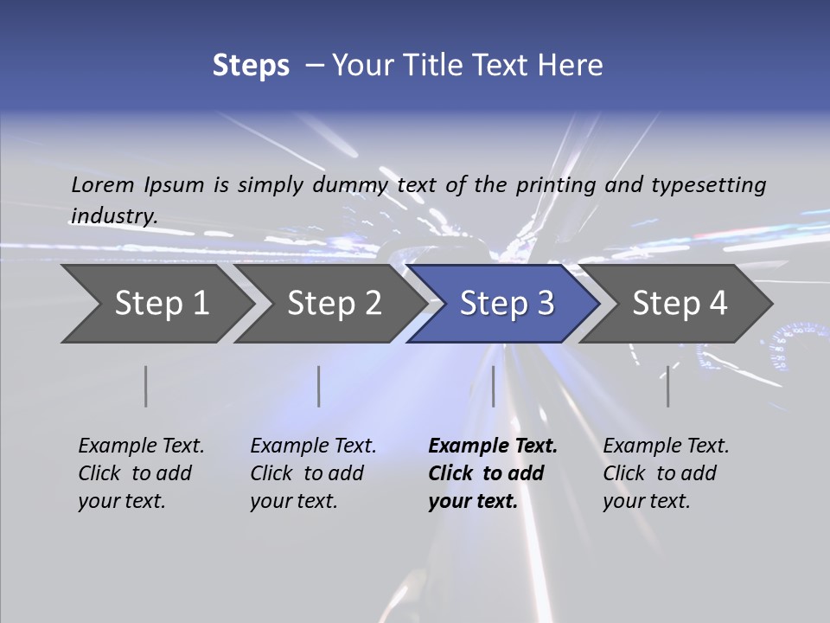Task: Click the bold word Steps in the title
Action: (x=251, y=65)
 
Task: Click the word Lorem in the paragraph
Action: (x=102, y=185)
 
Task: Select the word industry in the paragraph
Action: (x=114, y=215)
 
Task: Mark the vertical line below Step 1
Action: (x=146, y=386)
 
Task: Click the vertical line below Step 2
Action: (x=319, y=386)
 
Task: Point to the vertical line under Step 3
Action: (x=493, y=386)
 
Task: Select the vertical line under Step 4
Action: (x=667, y=386)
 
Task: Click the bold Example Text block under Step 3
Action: (x=493, y=473)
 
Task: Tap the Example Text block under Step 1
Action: (x=141, y=473)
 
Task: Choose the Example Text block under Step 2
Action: (x=313, y=473)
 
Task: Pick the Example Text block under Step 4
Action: (x=666, y=473)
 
